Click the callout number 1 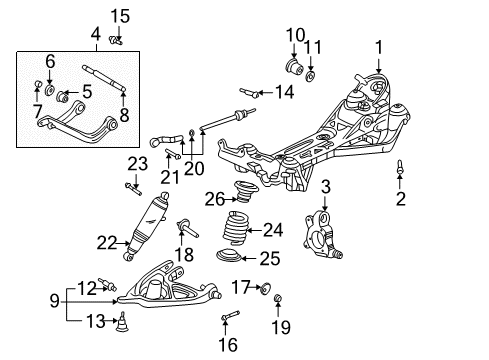(x=379, y=46)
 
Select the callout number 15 (x=120, y=15)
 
